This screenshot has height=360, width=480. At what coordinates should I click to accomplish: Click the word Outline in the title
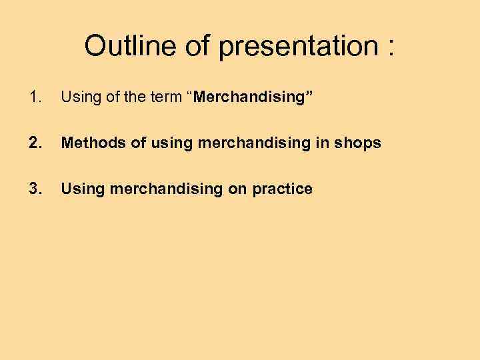[x=123, y=46]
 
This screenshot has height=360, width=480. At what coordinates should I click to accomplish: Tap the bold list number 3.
[x=35, y=189]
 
